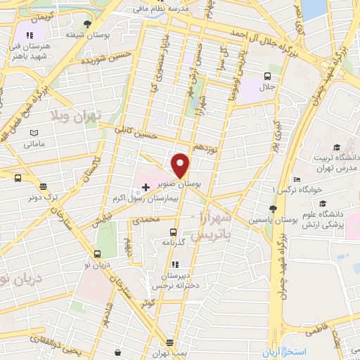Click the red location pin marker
pyautogui.click(x=181, y=165)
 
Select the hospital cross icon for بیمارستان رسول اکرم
pyautogui.click(x=146, y=186)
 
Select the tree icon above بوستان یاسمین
pyautogui.click(x=274, y=208)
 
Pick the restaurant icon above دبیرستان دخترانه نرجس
pyautogui.click(x=174, y=264)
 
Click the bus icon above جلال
pyautogui.click(x=267, y=76)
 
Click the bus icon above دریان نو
pyautogui.click(x=97, y=255)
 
